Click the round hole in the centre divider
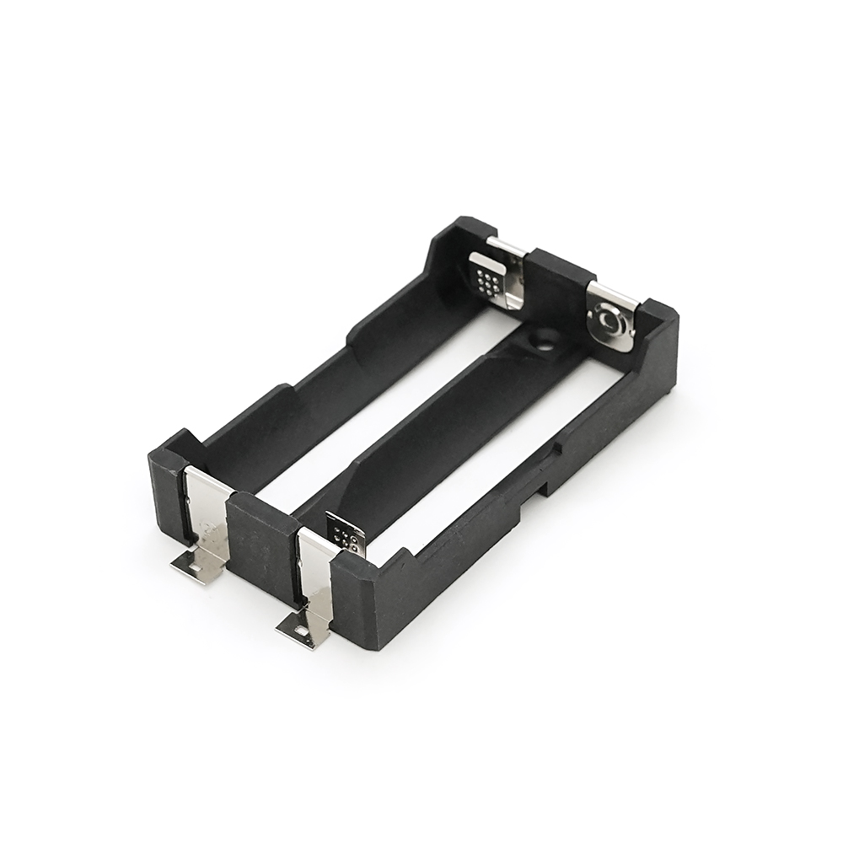point(540,341)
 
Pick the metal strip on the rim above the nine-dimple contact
point(507,247)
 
